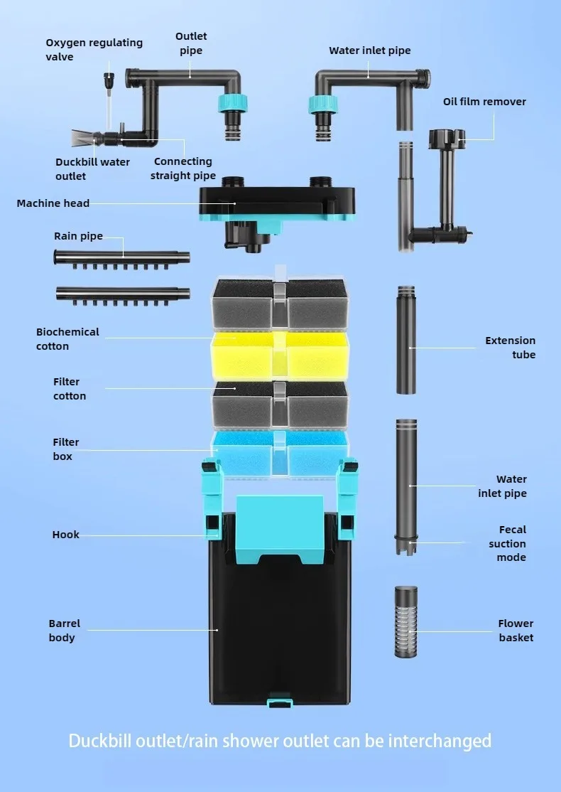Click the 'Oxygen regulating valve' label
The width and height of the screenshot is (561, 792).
pos(94,49)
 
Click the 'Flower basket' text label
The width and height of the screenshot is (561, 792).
pos(516,631)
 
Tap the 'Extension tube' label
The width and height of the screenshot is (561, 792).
pos(511,348)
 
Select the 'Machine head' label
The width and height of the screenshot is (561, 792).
pos(53,203)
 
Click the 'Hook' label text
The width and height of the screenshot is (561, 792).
pos(65,535)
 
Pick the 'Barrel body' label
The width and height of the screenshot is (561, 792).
pos(64,631)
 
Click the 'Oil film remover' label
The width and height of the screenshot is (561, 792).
pos(484,102)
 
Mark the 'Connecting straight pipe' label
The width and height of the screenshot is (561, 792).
pos(183,168)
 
